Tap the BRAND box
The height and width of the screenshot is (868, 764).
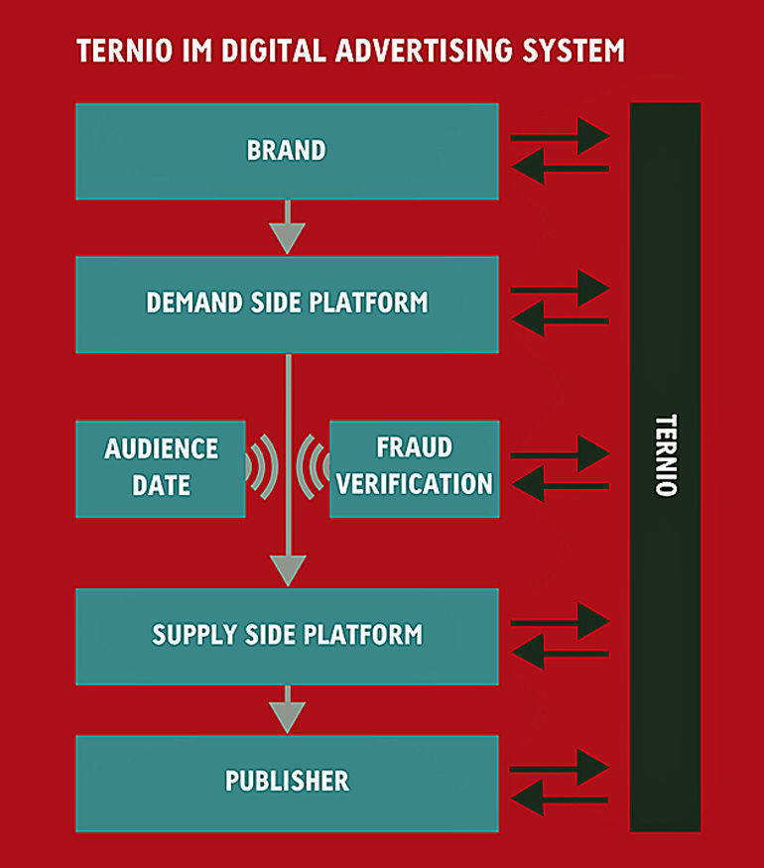[287, 151]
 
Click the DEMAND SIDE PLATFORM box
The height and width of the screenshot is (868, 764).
[287, 304]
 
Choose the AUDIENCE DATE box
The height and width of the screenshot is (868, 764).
[161, 468]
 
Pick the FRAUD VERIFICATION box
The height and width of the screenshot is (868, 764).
[414, 468]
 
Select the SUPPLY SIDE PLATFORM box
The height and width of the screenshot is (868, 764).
[287, 636]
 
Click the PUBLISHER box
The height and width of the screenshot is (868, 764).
[287, 782]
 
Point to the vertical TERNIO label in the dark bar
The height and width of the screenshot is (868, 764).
[666, 455]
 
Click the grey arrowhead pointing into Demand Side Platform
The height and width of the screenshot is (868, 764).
[288, 238]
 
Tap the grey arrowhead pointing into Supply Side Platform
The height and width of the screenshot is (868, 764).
[288, 569]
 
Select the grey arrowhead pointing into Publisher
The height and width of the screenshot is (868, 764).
[288, 716]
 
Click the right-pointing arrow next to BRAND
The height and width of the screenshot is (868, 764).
[560, 136]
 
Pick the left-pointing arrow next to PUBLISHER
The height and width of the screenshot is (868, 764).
[560, 797]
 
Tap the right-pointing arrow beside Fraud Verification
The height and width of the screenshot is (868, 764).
[560, 453]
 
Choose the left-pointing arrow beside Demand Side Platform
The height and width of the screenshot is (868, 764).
[560, 319]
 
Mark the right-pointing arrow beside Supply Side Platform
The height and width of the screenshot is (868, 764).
[560, 621]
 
